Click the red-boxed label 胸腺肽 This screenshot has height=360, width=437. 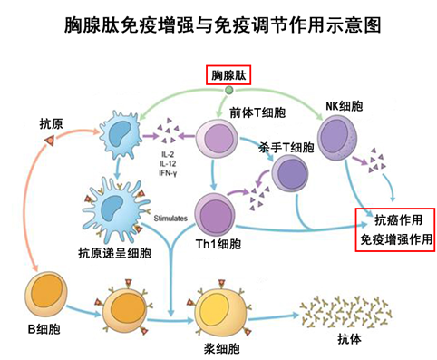coord(229,74)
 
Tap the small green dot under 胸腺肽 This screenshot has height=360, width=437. coord(229,89)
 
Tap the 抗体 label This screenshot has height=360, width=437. coord(325,340)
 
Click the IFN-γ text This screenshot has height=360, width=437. coord(169,172)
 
